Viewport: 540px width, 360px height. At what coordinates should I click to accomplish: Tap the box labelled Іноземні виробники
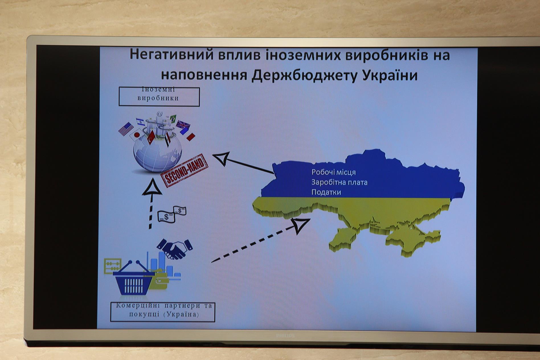159,97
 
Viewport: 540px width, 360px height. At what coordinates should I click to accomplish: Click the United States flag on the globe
126,129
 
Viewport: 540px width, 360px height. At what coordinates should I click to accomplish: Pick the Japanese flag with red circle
136,135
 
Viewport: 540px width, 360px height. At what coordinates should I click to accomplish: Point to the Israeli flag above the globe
140,122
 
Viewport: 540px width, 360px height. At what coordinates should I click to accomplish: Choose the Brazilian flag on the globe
173,118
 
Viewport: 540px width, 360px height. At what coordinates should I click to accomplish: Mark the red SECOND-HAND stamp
185,170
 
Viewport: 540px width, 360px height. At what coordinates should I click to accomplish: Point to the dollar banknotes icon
172,214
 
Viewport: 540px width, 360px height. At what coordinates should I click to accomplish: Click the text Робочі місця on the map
334,172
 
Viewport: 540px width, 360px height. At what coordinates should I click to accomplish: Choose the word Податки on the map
326,192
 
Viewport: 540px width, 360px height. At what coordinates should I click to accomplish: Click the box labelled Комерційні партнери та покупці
163,312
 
